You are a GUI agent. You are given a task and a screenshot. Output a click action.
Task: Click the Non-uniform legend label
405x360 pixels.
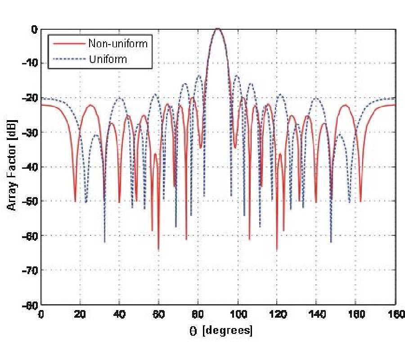click(x=118, y=44)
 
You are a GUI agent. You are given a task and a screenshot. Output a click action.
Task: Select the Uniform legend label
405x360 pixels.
click(x=108, y=59)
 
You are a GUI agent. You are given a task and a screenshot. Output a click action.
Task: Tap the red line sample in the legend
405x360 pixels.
click(x=68, y=44)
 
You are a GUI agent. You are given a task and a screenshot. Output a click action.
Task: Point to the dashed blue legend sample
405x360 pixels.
click(x=68, y=59)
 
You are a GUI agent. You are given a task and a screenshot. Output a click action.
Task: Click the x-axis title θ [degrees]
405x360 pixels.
click(x=220, y=331)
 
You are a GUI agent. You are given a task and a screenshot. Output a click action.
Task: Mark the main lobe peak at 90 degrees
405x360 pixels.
click(x=218, y=29)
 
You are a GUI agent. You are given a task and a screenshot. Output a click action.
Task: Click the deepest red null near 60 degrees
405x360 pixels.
click(x=158, y=249)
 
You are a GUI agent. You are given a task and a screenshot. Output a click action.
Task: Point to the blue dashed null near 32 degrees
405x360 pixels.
click(x=104, y=242)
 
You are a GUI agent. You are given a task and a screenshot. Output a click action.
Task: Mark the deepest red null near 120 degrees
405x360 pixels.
click(x=277, y=249)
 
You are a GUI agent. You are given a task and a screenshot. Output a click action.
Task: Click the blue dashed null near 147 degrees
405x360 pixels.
click(x=331, y=242)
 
